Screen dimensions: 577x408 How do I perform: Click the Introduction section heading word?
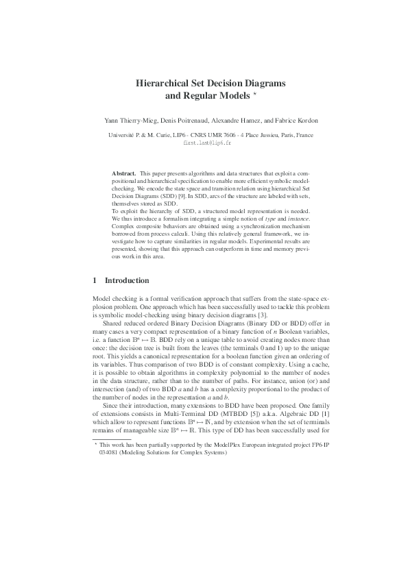click(x=126, y=280)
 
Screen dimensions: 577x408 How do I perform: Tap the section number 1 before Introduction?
click(x=94, y=280)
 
